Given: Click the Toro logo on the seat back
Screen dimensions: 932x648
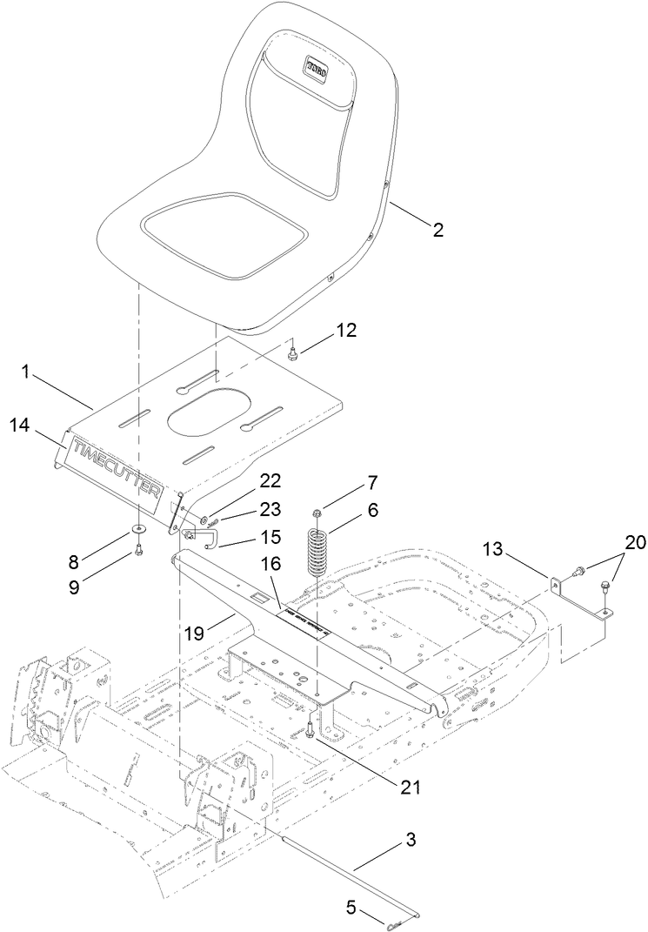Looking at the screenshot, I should tap(315, 67).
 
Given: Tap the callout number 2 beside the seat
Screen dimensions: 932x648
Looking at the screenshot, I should tap(438, 230).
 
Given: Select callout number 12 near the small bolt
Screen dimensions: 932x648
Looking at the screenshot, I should tap(346, 331).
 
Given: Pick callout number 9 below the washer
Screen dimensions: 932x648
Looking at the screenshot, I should tap(75, 587).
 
